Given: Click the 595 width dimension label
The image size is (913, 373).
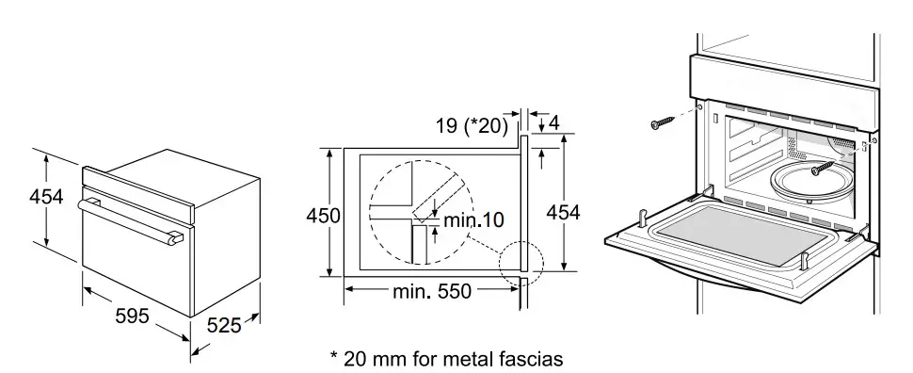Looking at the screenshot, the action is point(132,316).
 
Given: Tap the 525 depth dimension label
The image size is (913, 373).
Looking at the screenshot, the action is point(224,325).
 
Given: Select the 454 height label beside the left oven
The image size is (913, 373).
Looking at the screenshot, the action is point(46,197).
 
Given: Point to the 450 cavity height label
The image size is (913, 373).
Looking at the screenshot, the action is point(323,216).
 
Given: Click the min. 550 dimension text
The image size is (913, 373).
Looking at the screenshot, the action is point(431,290).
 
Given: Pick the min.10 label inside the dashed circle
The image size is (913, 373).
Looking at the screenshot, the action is point(474,219).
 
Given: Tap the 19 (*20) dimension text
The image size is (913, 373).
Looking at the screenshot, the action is point(472,126).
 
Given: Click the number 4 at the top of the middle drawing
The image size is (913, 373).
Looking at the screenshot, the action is point(553,123).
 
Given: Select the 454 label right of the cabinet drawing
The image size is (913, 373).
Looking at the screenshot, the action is point(563,213).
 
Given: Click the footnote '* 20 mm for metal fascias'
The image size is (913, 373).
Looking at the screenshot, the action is point(446,359).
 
